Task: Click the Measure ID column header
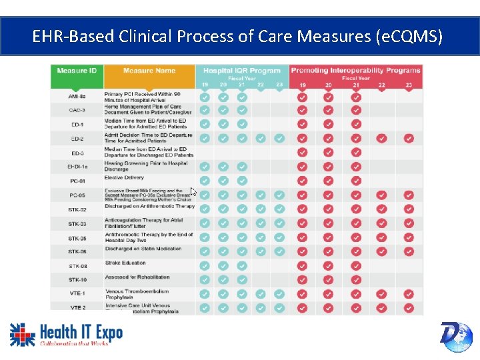(x=77, y=71)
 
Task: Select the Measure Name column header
(x=149, y=71)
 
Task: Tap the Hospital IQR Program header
(x=242, y=70)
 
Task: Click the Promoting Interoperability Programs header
(x=355, y=70)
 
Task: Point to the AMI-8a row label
(x=77, y=97)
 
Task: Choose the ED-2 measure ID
(x=77, y=139)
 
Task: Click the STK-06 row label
(x=77, y=251)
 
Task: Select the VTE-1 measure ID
(x=77, y=293)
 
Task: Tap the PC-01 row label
(x=77, y=181)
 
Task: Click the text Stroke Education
(x=125, y=263)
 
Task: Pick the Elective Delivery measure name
(x=124, y=178)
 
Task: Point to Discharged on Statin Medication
(x=143, y=249)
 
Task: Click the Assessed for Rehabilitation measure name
(x=137, y=277)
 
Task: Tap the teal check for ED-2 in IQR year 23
(x=279, y=139)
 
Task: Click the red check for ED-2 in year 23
(x=409, y=139)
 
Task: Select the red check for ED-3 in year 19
(x=303, y=153)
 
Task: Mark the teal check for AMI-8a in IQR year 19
(x=205, y=97)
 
